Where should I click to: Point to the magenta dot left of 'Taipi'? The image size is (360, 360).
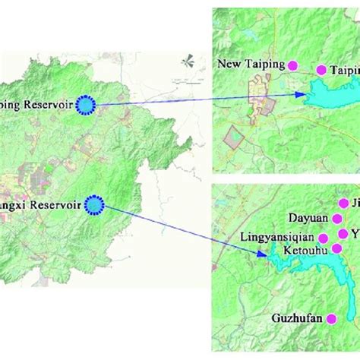pyautogui.click(x=321, y=69)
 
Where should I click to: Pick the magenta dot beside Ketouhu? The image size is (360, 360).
pyautogui.click(x=336, y=248)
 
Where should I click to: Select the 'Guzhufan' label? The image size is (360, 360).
pyautogui.click(x=296, y=320)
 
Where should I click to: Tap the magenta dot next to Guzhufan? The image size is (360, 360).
pyautogui.click(x=330, y=320)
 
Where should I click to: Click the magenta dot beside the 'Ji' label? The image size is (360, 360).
pyautogui.click(x=338, y=203)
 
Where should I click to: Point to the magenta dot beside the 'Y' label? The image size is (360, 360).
pyautogui.click(x=342, y=233)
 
